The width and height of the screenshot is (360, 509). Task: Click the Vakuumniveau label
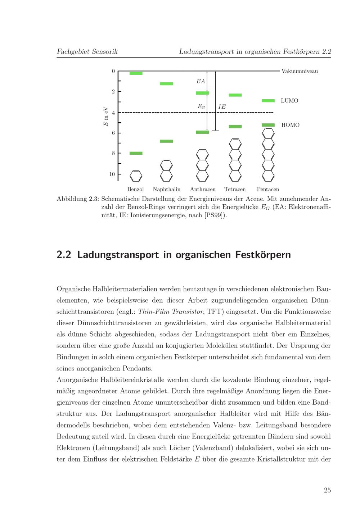pyautogui.click(x=300, y=71)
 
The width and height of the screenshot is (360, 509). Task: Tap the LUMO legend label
pyautogui.click(x=289, y=101)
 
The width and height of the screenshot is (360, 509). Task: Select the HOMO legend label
pyautogui.click(x=290, y=125)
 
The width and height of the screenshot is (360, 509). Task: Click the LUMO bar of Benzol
pyautogui.click(x=136, y=73)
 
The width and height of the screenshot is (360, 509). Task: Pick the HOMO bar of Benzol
pyautogui.click(x=136, y=153)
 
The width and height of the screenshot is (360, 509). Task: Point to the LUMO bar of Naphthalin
pyautogui.click(x=166, y=84)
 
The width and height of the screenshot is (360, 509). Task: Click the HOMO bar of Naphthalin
pyautogui.click(x=166, y=141)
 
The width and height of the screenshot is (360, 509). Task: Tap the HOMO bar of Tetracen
pyautogui.click(x=235, y=127)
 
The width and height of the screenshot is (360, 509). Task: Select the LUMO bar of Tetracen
pyautogui.click(x=235, y=95)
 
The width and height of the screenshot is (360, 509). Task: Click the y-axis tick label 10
pyautogui.click(x=112, y=174)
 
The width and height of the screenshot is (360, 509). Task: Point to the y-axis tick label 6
pyautogui.click(x=113, y=133)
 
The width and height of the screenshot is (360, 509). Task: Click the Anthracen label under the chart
pyautogui.click(x=203, y=189)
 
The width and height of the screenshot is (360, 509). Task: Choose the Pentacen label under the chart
pyautogui.click(x=268, y=189)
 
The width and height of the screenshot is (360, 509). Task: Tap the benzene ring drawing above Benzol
pyautogui.click(x=136, y=176)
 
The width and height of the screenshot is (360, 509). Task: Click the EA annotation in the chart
pyautogui.click(x=201, y=82)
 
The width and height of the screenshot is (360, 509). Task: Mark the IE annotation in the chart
pyautogui.click(x=222, y=107)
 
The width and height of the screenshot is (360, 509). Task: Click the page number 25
pyautogui.click(x=327, y=490)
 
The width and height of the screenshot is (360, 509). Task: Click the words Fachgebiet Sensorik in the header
pyautogui.click(x=87, y=51)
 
